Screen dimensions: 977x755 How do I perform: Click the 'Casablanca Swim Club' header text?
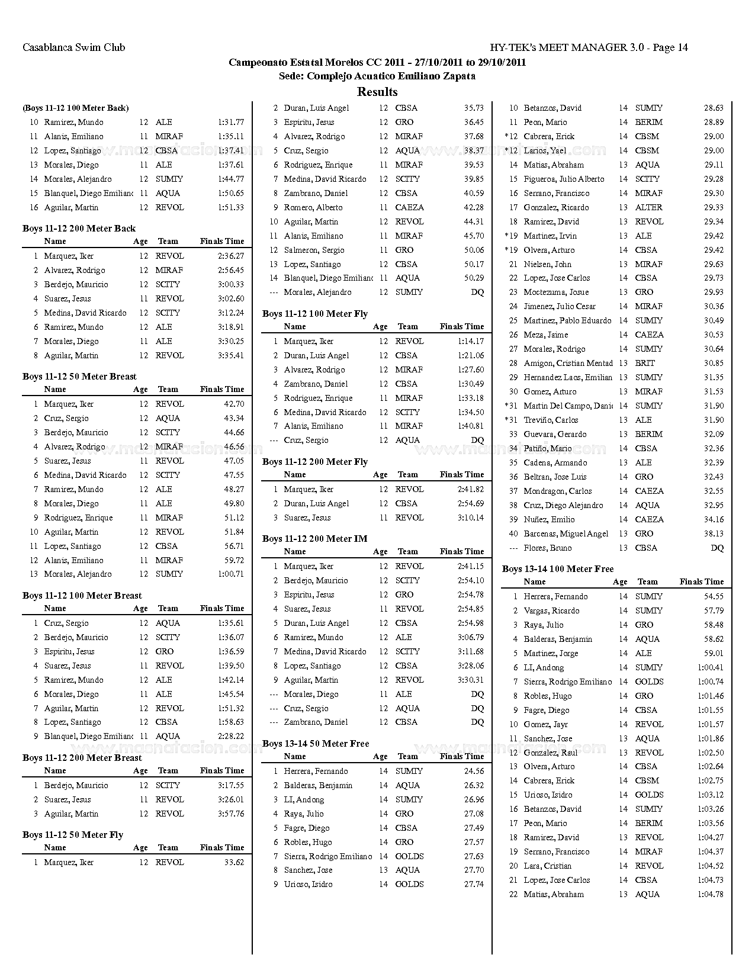point(74,47)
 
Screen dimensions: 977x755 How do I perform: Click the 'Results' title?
point(377,92)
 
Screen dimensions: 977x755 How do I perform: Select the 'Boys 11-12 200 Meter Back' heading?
point(79,229)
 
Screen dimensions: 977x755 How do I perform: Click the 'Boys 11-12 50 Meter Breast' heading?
point(79,377)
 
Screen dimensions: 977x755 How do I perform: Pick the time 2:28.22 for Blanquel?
point(230,737)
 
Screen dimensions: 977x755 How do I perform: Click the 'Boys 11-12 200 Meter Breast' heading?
point(82,758)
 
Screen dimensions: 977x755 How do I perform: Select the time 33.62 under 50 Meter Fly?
point(234,863)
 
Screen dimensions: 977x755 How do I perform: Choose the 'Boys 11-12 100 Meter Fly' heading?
point(315,314)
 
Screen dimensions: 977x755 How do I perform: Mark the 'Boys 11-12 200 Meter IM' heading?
point(315,539)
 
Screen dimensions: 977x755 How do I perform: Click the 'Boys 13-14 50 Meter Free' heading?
point(316,744)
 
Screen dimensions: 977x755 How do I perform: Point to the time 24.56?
point(474,772)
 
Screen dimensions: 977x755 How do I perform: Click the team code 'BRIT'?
point(645,364)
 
